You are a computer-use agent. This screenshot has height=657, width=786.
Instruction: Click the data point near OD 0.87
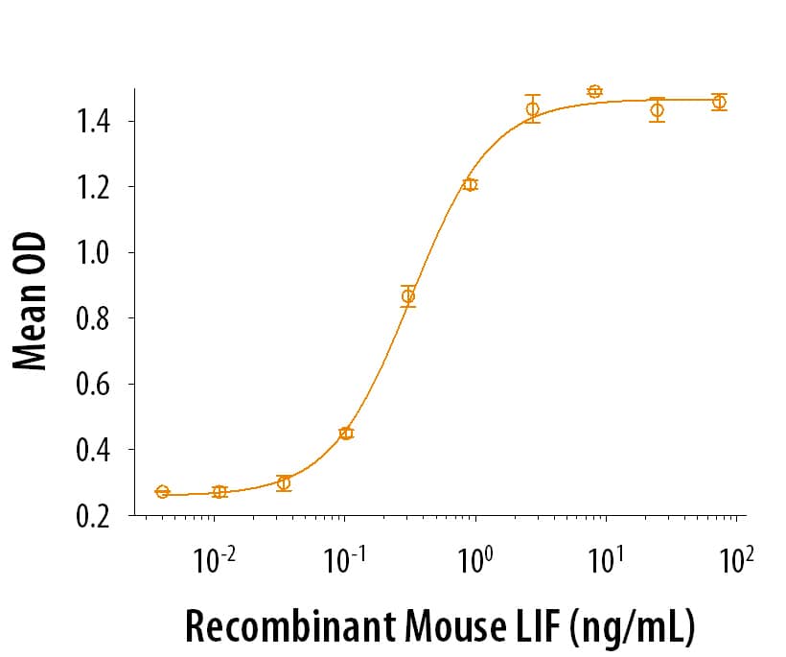point(408,296)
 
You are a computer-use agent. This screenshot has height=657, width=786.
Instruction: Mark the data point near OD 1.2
point(470,185)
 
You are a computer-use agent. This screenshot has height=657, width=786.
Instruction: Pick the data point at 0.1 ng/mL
point(346,434)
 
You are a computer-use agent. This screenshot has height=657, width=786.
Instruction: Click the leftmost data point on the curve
point(162,492)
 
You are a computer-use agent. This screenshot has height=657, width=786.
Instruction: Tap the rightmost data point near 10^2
point(719,102)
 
